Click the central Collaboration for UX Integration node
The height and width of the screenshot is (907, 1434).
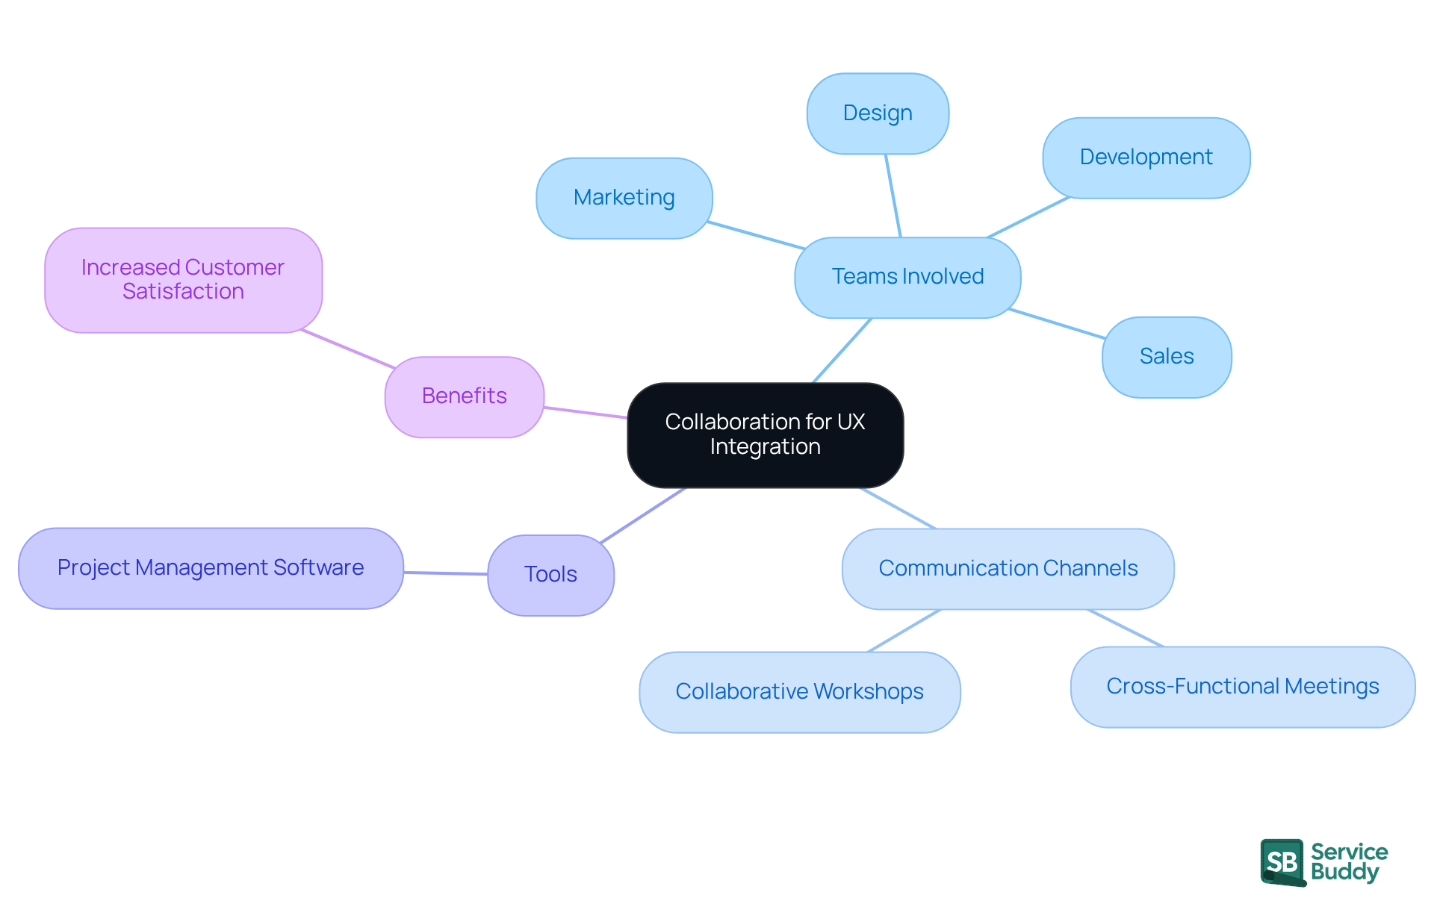765,434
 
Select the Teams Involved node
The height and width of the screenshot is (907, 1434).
907,277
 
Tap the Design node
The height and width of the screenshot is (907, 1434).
878,113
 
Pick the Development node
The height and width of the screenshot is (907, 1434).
1146,158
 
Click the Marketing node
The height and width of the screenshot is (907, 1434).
624,198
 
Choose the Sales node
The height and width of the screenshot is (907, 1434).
1166,357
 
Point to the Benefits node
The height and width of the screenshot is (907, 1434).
464,396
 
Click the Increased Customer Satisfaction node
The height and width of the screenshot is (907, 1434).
183,280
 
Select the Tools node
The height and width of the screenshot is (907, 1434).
550,575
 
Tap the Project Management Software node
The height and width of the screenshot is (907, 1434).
211,568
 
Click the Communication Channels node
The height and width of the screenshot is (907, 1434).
1008,569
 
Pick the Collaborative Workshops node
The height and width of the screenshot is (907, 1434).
799,692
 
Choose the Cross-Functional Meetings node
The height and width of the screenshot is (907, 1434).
1242,687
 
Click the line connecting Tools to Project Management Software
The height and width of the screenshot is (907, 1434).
446,573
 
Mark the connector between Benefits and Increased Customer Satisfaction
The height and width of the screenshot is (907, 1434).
348,349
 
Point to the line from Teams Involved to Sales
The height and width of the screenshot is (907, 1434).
1056,324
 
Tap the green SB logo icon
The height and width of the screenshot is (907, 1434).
1282,861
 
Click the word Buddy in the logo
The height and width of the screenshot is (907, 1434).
1344,872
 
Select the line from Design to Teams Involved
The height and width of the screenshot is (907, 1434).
893,196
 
